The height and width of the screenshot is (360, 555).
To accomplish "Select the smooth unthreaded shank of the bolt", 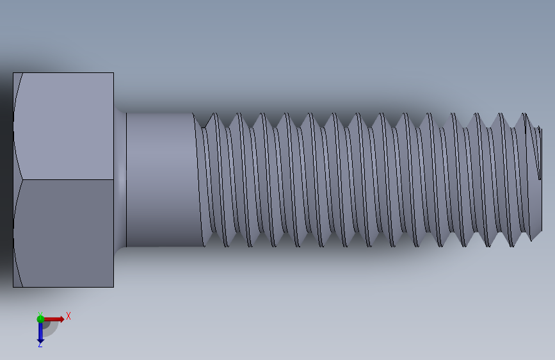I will coord(160,179).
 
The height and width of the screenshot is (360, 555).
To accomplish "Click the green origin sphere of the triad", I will coord(40,319).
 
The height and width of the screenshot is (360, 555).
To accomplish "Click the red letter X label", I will coord(68,316).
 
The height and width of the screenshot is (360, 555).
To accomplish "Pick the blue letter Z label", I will coord(40,345).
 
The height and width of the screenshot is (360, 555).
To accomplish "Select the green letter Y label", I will coord(40,313).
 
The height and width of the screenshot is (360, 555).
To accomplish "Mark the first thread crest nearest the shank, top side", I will coord(213,115).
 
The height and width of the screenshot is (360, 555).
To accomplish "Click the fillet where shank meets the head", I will coord(120,179).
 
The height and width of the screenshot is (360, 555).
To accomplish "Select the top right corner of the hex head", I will coord(113,73).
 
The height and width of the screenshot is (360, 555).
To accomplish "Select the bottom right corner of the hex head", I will coord(113,286).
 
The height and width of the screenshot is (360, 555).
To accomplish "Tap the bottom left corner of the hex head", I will coord(13,286).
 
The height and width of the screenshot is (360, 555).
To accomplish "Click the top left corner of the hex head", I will coord(13,73).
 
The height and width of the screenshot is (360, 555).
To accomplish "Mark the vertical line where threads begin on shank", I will coord(194,179).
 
